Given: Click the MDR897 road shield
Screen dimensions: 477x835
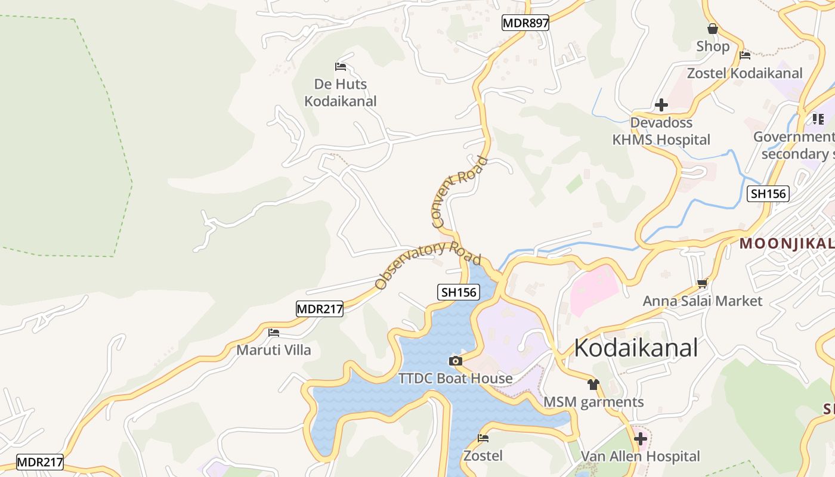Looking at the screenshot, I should tap(525, 23).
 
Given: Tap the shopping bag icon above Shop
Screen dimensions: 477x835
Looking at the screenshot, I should tap(712, 29).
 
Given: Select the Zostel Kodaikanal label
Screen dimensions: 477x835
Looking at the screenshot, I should tap(744, 73).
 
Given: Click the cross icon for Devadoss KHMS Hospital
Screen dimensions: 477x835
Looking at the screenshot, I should tap(661, 106).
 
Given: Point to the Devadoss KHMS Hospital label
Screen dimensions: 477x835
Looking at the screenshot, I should tap(661, 131).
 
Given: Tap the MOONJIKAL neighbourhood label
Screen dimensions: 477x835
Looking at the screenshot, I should tap(787, 243).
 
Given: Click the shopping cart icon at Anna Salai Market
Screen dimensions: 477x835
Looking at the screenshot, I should tap(702, 284).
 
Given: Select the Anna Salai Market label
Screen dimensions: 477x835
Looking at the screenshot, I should tap(702, 301).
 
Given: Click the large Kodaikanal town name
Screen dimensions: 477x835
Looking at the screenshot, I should tap(635, 348).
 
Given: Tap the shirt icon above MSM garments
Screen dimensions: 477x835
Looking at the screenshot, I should tap(593, 385).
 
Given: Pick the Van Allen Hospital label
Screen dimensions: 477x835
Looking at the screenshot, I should tap(640, 457).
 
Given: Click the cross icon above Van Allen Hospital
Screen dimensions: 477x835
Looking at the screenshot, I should tap(641, 439).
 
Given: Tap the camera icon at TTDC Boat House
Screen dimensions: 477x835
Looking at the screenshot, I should tap(455, 361).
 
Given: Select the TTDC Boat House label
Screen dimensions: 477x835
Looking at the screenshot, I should tap(455, 379).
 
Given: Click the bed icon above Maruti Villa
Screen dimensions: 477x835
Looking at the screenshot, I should tap(274, 333).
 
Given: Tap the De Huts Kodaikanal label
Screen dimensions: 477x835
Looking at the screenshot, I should tap(341, 92).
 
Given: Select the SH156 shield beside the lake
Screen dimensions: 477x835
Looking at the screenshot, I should tap(458, 292).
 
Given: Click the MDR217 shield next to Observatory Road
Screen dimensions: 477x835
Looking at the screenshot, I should tap(320, 309).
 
